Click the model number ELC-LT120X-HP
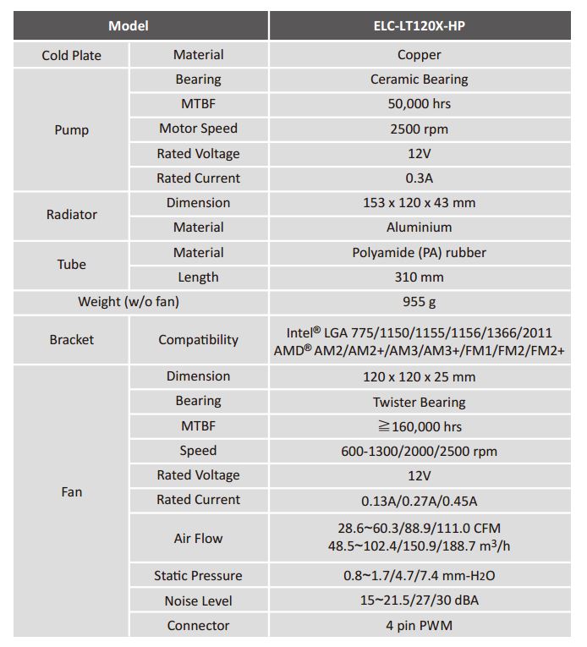420,25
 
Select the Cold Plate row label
71,55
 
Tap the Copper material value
420,55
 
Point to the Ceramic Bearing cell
420,80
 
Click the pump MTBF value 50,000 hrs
420,104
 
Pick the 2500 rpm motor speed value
420,129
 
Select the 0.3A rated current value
420,178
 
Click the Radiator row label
71,215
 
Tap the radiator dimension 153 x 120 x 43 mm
420,203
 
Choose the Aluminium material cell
420,228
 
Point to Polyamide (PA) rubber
420,252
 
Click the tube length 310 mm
420,277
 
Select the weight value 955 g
420,302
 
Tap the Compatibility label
198,340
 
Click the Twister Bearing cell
420,402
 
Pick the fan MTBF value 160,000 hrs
420,426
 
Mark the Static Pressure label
198,576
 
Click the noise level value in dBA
420,600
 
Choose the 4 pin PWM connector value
420,626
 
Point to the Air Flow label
198,538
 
